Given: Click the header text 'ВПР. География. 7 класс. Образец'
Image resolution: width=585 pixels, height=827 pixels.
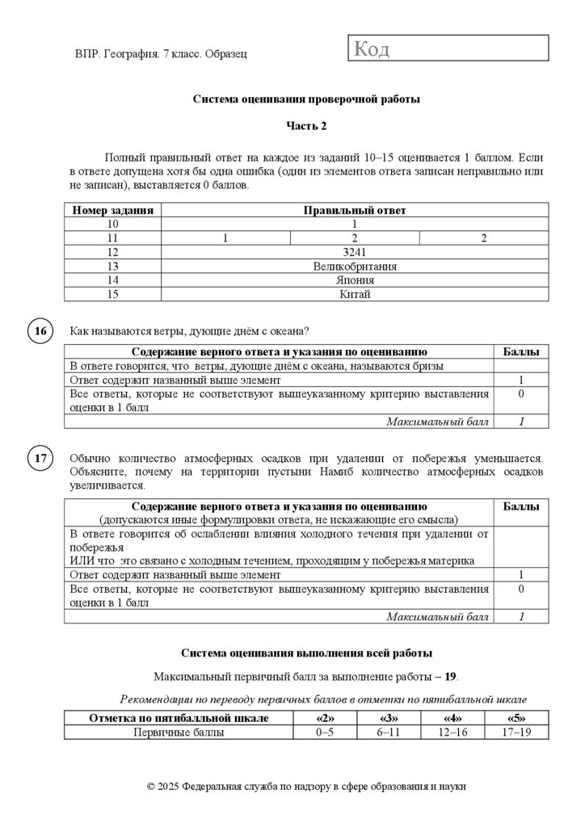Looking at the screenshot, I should [160, 53].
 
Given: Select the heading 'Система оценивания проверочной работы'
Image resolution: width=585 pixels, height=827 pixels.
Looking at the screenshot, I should [306, 99].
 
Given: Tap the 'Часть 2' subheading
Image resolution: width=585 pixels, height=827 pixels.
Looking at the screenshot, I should [306, 126].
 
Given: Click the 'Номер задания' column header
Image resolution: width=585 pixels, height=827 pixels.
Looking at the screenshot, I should [112, 210].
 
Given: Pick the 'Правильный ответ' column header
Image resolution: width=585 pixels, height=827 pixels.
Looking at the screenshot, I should [354, 210].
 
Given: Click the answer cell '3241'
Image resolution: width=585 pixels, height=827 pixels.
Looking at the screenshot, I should [354, 252].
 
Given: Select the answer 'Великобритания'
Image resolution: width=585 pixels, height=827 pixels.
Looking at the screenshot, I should [354, 266].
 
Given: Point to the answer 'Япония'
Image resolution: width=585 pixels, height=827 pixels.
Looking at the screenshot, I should [354, 280].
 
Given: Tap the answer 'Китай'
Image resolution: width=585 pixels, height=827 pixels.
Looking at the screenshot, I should [354, 294].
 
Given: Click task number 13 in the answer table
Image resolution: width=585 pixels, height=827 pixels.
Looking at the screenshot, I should [112, 266].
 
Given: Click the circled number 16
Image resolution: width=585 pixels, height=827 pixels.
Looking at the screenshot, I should [40, 331].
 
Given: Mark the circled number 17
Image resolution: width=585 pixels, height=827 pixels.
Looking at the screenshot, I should [40, 460].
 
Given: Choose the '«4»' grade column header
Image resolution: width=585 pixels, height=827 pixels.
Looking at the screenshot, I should [452, 718].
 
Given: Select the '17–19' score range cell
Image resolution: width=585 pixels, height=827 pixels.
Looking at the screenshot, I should [516, 732].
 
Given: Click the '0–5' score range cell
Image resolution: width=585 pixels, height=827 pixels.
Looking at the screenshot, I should [324, 732].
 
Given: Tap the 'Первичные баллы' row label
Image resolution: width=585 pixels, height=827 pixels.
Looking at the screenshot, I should [179, 732].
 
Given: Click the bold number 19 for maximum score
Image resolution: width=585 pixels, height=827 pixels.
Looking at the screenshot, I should [451, 676].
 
